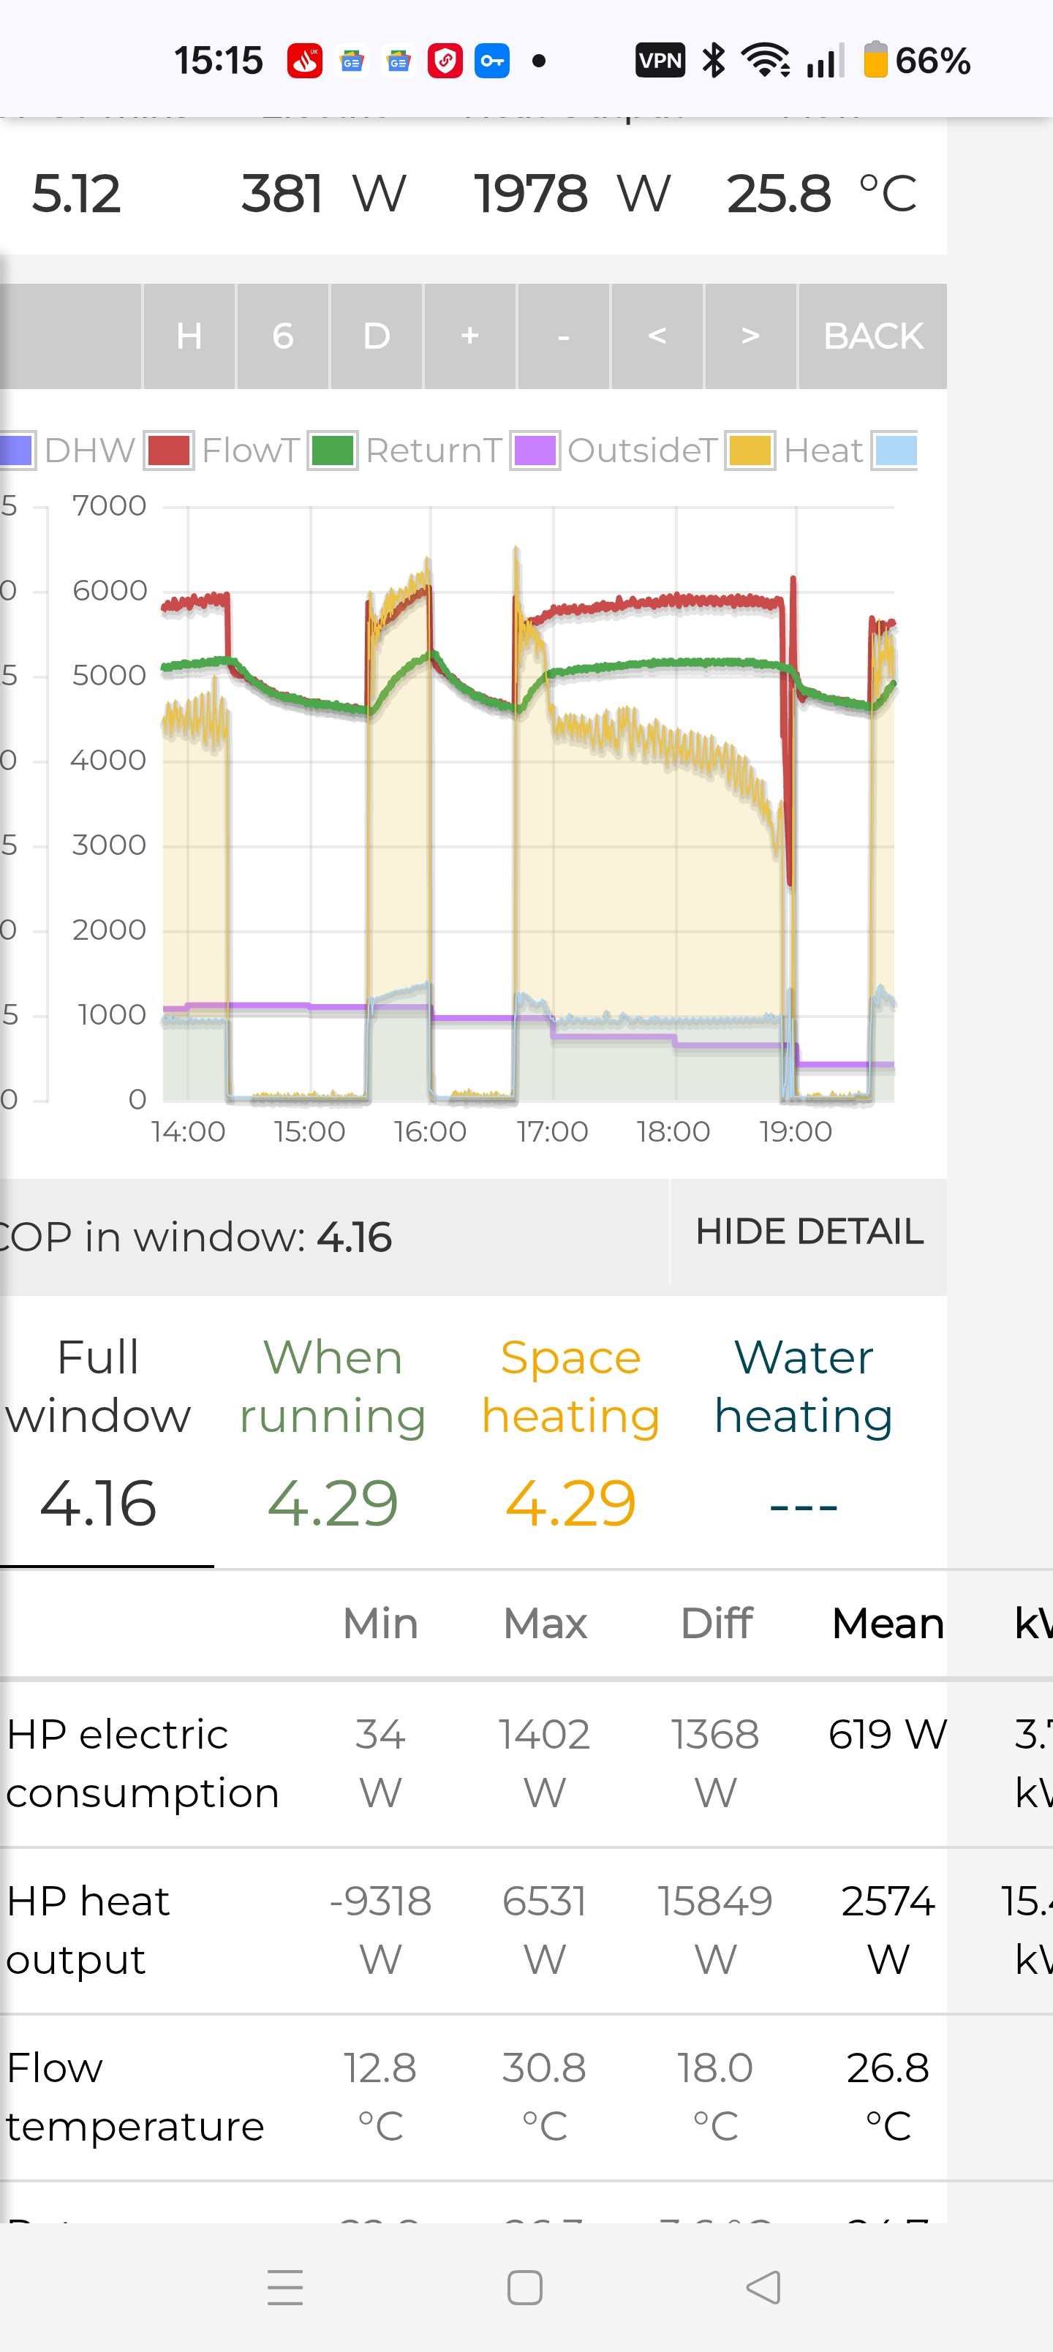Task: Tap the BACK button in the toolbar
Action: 872,336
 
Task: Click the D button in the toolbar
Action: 377,336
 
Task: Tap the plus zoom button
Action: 469,336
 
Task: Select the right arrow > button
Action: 750,336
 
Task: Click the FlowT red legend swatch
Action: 169,450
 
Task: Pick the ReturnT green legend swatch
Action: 333,450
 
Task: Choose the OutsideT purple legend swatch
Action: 535,450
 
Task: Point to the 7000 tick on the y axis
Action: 109,505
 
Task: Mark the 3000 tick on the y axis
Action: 109,845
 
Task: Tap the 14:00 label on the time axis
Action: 188,1131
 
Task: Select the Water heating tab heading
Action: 803,1386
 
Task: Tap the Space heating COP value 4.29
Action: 570,1503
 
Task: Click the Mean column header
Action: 887,1624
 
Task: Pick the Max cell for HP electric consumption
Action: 544,1763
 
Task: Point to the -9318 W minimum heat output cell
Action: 380,1929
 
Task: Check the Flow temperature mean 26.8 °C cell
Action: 887,2096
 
